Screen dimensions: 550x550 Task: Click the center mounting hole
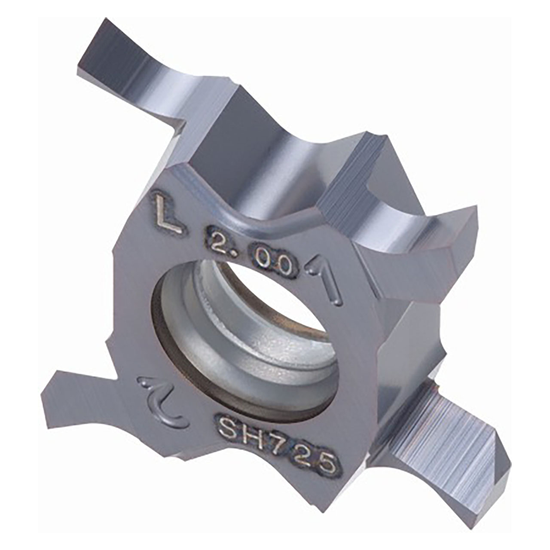(249, 339)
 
